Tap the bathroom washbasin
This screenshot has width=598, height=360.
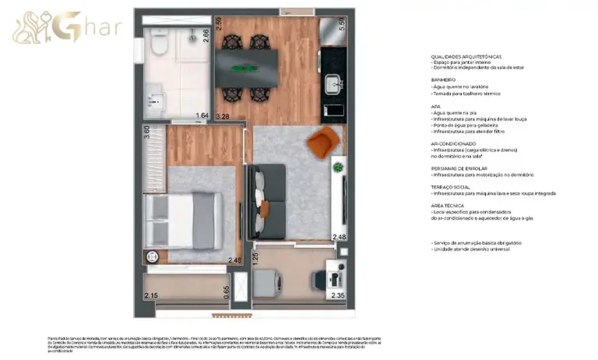pyautogui.click(x=157, y=99)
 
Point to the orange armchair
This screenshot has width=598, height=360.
pyautogui.click(x=322, y=143)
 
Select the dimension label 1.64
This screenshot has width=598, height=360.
pyautogui.click(x=202, y=117)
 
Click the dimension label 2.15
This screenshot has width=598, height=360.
pyautogui.click(x=151, y=295)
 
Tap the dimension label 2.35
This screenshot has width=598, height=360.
pyautogui.click(x=337, y=295)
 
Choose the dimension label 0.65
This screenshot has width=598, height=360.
pyautogui.click(x=226, y=291)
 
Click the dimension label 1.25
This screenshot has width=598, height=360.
pyautogui.click(x=255, y=256)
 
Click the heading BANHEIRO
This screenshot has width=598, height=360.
pyautogui.click(x=442, y=79)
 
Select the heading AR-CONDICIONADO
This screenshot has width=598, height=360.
pyautogui.click(x=453, y=143)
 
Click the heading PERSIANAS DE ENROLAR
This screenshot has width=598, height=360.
pyautogui.click(x=458, y=168)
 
